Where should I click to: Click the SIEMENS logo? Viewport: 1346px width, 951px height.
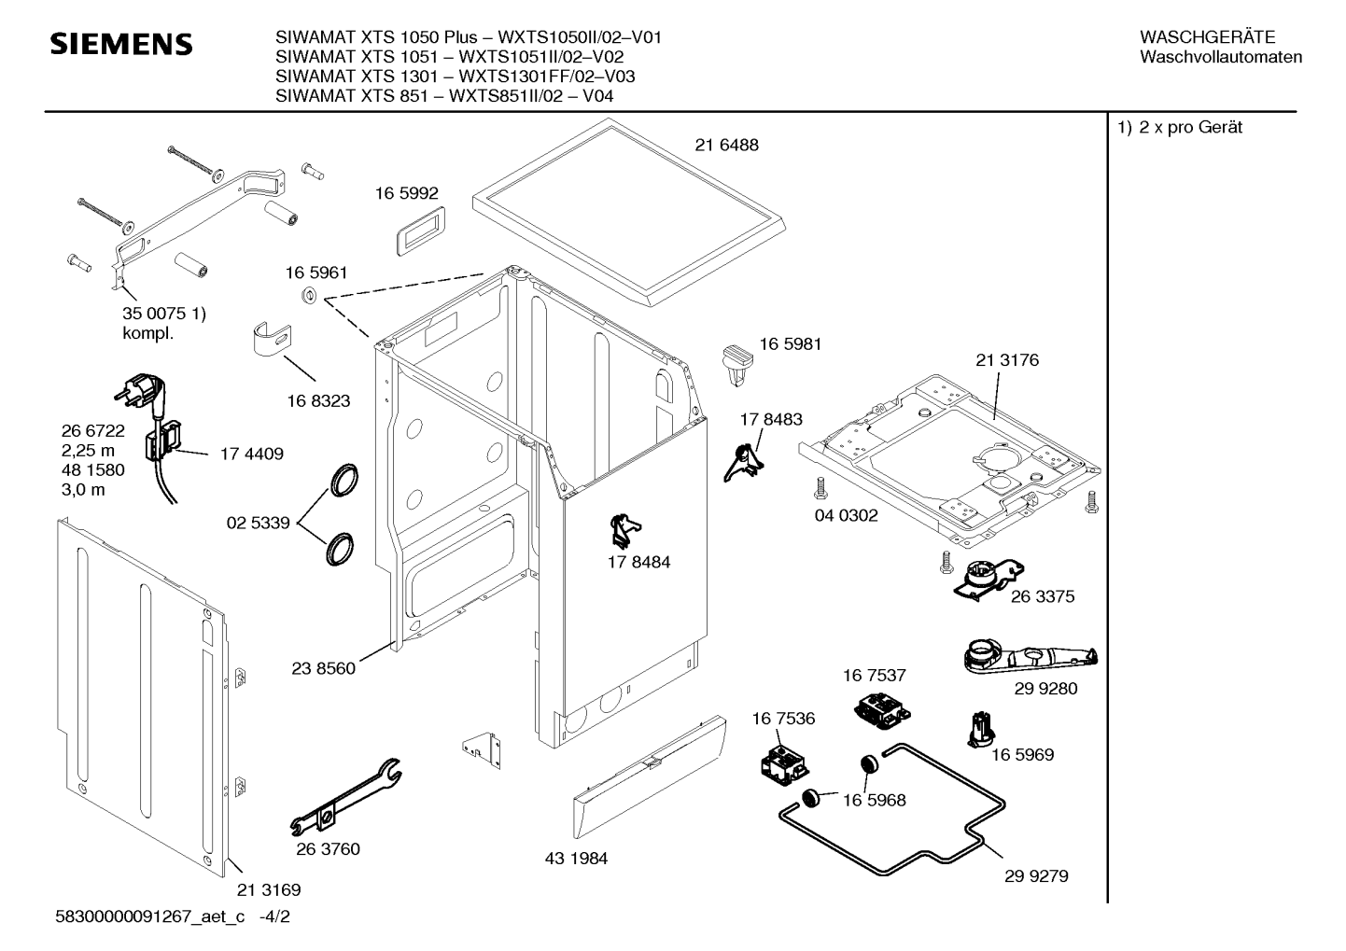(121, 45)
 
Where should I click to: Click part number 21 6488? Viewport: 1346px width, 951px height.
(726, 145)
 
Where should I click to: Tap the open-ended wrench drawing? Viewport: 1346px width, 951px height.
(345, 797)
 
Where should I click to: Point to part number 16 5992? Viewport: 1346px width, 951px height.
(407, 193)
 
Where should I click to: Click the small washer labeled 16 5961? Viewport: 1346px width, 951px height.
(310, 295)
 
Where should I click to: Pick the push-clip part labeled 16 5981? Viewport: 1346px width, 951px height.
(736, 364)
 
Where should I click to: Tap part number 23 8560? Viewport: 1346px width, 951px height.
(323, 668)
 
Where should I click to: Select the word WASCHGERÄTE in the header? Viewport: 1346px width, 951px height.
(1207, 37)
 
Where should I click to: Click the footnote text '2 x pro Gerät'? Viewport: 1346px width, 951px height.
(1190, 127)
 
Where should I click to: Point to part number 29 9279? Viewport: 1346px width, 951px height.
(1036, 876)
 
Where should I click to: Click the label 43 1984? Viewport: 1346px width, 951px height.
(576, 859)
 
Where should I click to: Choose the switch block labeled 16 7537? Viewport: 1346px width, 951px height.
(881, 711)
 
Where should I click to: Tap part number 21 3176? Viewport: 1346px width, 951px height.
(1007, 360)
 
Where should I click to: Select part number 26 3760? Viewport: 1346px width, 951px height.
(328, 849)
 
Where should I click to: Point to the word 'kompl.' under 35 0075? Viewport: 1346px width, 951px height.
(147, 333)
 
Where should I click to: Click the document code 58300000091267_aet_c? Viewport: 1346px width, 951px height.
(150, 916)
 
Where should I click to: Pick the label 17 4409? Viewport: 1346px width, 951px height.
(252, 454)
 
